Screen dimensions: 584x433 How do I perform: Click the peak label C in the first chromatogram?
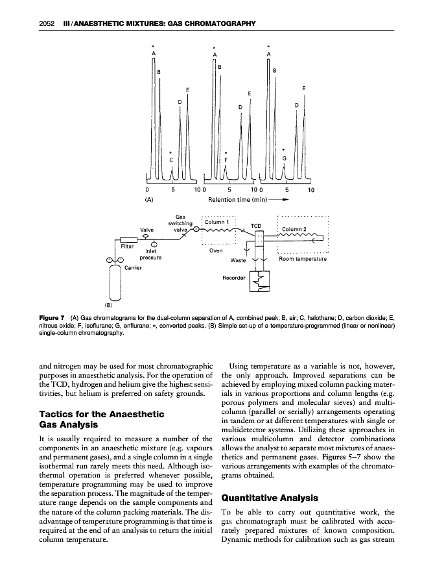coord(171,160)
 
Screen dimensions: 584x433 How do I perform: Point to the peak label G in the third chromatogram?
coord(284,159)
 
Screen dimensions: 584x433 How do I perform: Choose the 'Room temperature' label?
coord(302,258)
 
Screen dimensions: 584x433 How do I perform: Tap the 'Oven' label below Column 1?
coord(216,250)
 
